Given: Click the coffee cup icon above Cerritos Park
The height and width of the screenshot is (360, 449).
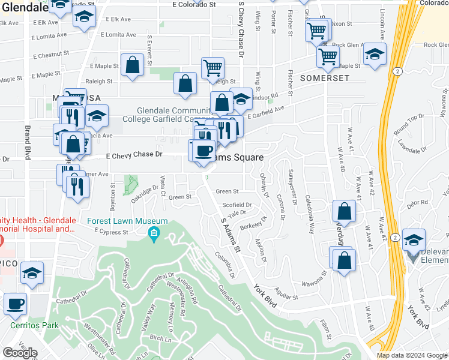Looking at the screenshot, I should [x=15, y=304].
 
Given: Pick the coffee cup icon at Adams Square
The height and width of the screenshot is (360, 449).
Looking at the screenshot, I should [x=205, y=150].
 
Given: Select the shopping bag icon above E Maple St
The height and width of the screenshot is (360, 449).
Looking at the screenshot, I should [x=131, y=66].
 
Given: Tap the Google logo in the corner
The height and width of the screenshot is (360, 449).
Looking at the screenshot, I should [x=20, y=353].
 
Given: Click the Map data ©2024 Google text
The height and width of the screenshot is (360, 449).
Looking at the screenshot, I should [x=412, y=355].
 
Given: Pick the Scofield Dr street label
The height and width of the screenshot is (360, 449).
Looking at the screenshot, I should [x=237, y=205].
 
